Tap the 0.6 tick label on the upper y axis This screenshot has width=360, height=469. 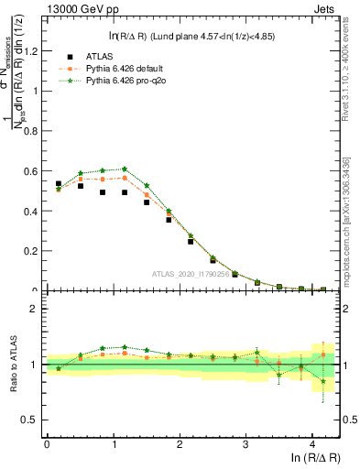33,170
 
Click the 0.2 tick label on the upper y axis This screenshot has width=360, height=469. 33,250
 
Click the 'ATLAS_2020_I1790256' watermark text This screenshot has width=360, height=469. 191,274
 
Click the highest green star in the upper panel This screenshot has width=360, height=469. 125,169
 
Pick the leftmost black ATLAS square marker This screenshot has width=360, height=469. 59,183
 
